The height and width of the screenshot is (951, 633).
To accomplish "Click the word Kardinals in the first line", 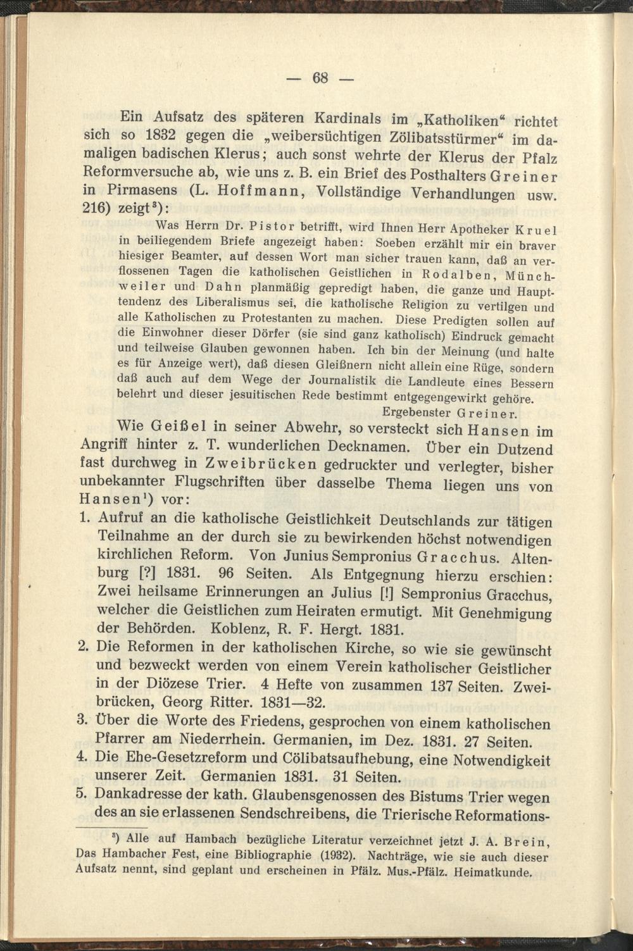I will pos(348,118).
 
